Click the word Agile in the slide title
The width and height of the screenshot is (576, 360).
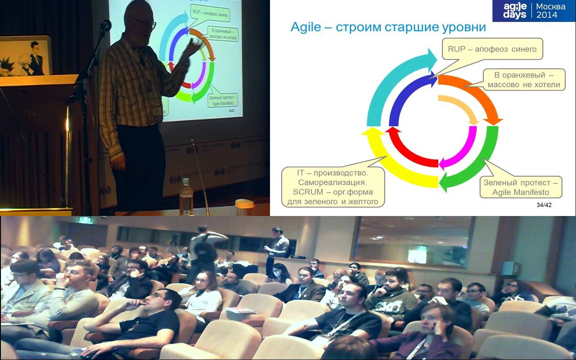pyautogui.click(x=306, y=27)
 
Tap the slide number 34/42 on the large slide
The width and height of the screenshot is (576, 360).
pyautogui.click(x=544, y=205)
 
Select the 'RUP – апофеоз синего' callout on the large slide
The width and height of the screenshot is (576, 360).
pyautogui.click(x=492, y=49)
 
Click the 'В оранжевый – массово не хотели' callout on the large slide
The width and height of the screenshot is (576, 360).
pyautogui.click(x=524, y=80)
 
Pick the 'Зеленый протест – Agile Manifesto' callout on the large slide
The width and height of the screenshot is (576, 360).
pyautogui.click(x=521, y=187)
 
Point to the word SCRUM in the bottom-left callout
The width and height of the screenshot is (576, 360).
pyautogui.click(x=308, y=192)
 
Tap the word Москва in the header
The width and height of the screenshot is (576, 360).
pyautogui.click(x=550, y=6)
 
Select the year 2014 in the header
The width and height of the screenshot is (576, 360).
pyautogui.click(x=547, y=15)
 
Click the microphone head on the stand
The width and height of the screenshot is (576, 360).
pyautogui.click(x=106, y=25)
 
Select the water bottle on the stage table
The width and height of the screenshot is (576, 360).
pyautogui.click(x=186, y=197)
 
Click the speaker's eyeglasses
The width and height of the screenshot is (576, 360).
pyautogui.click(x=148, y=24)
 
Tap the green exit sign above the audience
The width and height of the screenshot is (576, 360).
pyautogui.click(x=85, y=220)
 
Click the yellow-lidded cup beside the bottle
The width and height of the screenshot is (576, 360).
pyautogui.click(x=244, y=207)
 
